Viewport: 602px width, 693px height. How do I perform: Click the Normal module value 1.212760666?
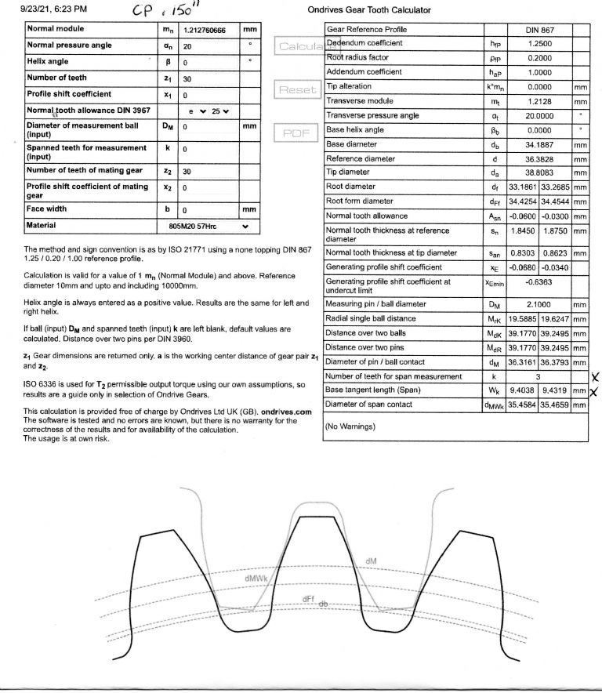205,30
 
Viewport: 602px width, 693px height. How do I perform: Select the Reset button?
297,89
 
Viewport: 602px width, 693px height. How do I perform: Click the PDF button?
297,132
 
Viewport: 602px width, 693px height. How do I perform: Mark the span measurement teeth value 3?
540,376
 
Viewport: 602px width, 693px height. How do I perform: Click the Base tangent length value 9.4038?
523,390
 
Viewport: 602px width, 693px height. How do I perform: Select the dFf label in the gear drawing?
308,598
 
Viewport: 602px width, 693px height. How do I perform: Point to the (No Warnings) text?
350,426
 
